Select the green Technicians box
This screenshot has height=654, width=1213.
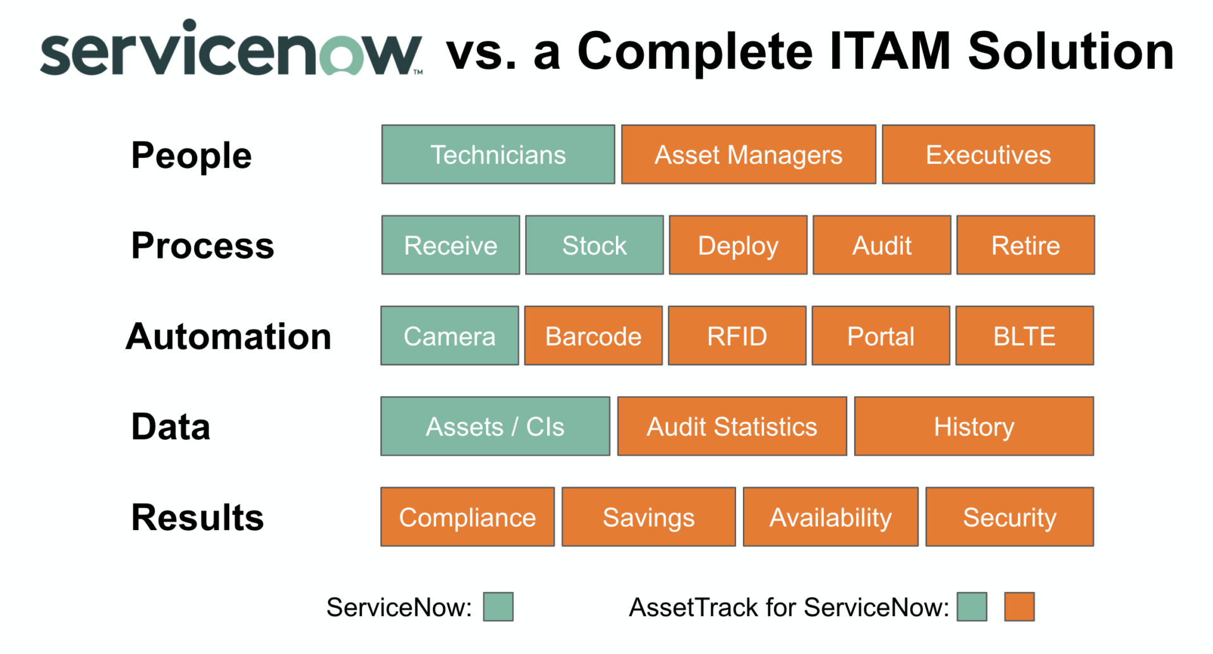click(498, 155)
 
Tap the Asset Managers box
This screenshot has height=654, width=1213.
click(748, 155)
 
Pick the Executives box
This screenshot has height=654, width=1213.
click(988, 155)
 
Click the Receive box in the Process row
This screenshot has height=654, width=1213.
click(450, 245)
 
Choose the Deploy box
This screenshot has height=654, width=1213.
click(738, 245)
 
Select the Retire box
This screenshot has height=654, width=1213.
click(1025, 245)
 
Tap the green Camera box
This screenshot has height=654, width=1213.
click(449, 336)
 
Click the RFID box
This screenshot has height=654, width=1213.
click(737, 336)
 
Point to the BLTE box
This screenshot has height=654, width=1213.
click(1024, 336)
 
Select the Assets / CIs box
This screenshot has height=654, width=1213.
click(495, 427)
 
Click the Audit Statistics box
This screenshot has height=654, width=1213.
click(732, 427)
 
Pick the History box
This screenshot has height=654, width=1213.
click(974, 427)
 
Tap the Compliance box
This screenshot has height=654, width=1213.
click(467, 517)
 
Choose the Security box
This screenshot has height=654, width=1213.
click(1009, 517)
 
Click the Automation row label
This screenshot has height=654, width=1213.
click(228, 336)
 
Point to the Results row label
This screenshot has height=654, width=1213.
click(197, 517)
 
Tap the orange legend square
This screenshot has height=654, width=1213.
click(1019, 607)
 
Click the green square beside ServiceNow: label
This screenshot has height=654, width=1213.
click(498, 607)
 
